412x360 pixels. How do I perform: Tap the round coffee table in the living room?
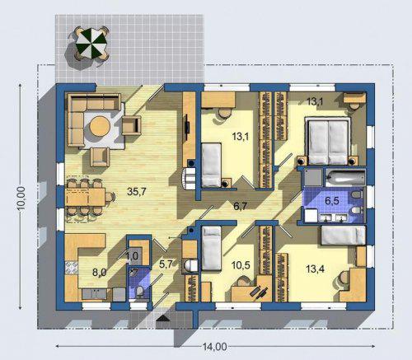[101, 126]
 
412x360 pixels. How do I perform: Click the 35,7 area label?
[137, 191]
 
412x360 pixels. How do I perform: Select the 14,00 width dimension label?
[215, 347]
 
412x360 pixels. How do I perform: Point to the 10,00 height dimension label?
[21, 199]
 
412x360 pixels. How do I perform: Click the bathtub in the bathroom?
[345, 177]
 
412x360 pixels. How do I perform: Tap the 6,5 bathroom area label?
[332, 201]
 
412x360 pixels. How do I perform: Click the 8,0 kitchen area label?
[99, 273]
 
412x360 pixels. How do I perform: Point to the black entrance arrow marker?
[163, 318]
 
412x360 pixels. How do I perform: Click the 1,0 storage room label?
[132, 256]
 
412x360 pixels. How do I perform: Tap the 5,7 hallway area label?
[166, 264]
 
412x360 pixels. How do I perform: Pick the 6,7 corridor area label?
[241, 206]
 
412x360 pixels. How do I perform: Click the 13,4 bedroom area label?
[315, 269]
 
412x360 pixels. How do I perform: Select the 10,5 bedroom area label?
[241, 265]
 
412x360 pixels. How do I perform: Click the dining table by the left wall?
[85, 197]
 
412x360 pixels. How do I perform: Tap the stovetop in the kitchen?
[72, 268]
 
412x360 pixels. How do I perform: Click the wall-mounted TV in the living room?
[187, 124]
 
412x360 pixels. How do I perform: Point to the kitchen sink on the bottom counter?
[94, 294]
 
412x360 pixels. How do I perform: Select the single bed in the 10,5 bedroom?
[212, 248]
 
